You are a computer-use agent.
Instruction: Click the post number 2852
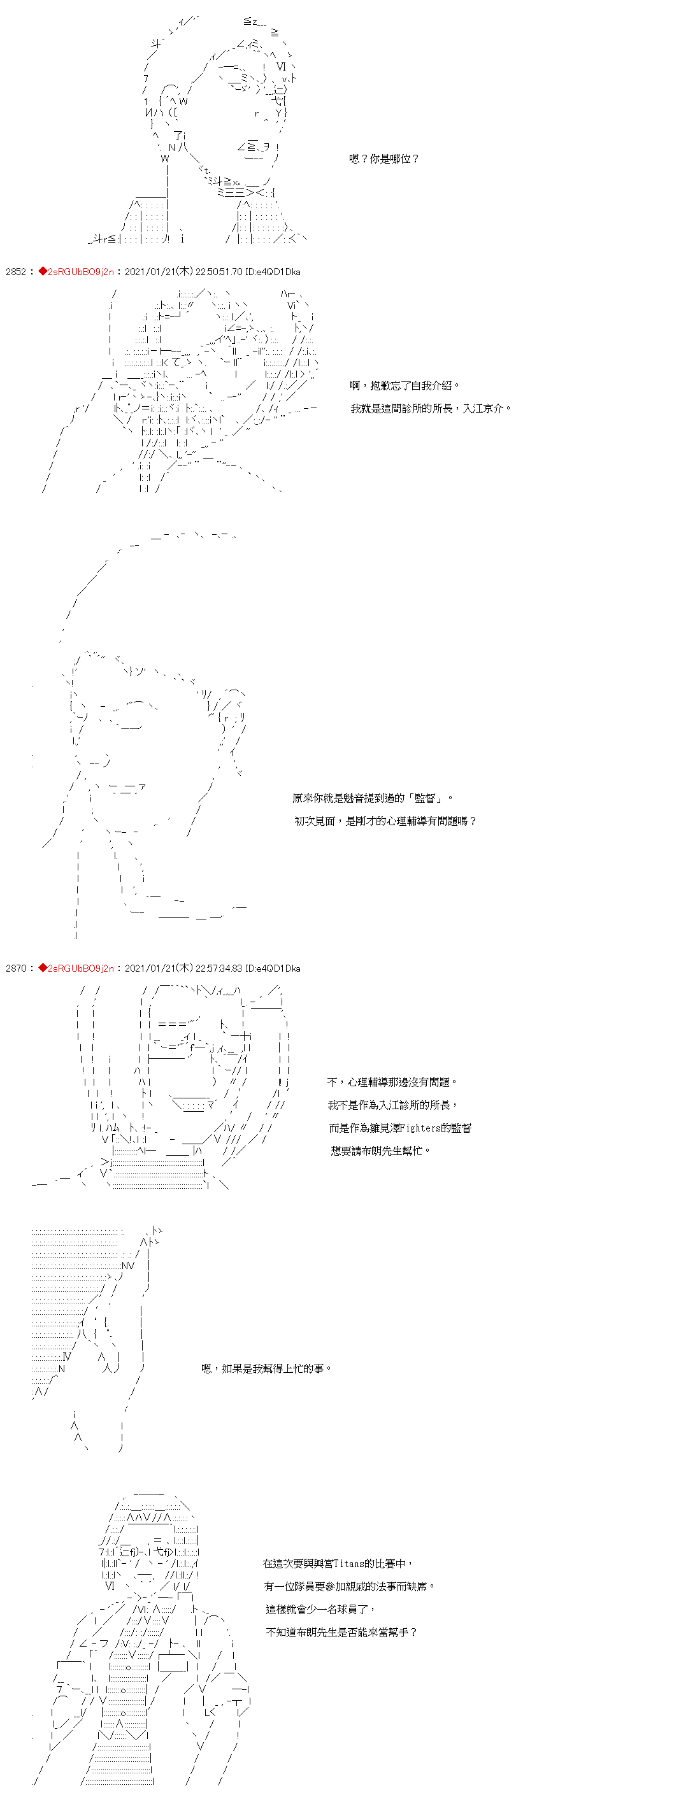click(15, 271)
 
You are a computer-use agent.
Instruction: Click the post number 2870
click(15, 968)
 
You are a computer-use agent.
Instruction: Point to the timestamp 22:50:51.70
click(219, 271)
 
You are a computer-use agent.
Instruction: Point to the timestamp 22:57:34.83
click(219, 968)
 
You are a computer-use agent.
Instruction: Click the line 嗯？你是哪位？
click(384, 159)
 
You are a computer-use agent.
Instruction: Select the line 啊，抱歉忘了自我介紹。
click(405, 385)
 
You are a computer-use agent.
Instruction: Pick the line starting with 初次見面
click(385, 821)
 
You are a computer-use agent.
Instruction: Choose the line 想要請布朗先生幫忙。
click(381, 1151)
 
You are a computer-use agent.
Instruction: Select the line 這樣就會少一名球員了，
click(320, 1610)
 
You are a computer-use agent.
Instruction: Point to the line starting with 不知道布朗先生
click(342, 1632)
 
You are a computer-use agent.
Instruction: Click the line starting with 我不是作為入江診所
click(392, 1105)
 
